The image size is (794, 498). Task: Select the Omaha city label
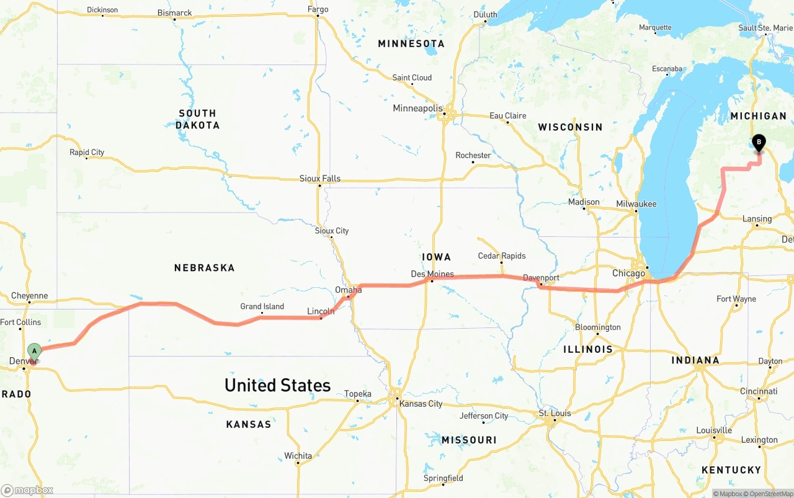[348, 290]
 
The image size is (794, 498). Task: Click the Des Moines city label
[432, 273]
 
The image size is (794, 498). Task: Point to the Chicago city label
[628, 273]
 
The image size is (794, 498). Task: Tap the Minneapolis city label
[417, 109]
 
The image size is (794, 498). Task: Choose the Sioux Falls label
[320, 179]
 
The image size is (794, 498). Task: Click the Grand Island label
[262, 306]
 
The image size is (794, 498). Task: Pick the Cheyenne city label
[29, 296]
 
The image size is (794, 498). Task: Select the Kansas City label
[421, 404]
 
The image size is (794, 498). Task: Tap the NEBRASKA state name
[204, 268]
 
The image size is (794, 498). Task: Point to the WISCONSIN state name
[570, 127]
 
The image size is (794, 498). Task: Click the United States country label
[277, 385]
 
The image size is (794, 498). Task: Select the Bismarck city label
[174, 12]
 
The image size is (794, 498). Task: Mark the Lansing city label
[757, 219]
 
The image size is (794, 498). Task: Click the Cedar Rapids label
[502, 256]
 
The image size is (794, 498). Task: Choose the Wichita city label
[298, 456]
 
